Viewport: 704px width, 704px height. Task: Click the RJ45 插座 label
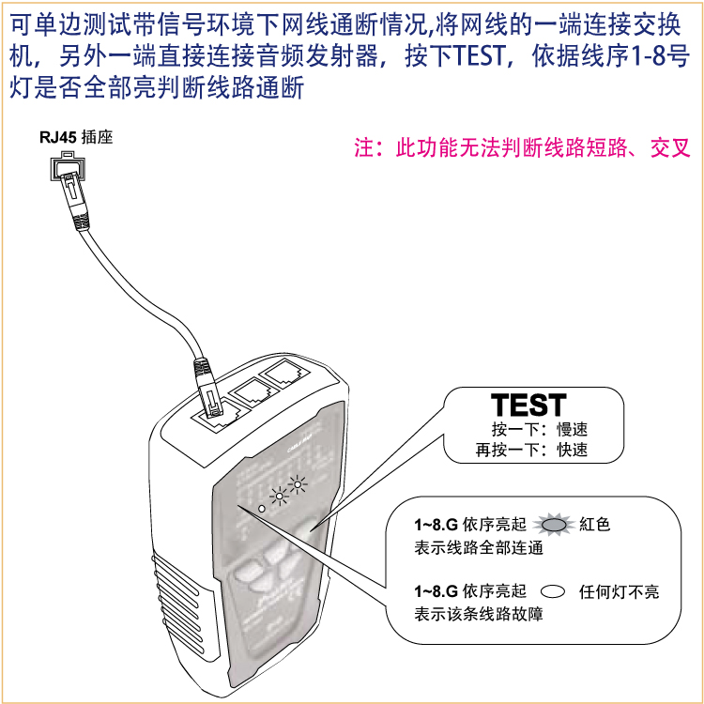(x=76, y=137)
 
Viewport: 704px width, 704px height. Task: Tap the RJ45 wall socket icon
(x=68, y=165)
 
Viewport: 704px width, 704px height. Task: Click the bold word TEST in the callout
(x=528, y=405)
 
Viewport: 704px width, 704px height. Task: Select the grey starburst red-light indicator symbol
(x=554, y=524)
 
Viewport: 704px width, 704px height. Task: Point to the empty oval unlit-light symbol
(x=553, y=591)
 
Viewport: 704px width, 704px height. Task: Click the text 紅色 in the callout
(x=595, y=524)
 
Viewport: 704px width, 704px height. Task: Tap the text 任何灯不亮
(x=620, y=591)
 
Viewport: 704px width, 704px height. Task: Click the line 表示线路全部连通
(x=479, y=547)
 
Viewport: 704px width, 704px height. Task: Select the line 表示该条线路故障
(x=479, y=614)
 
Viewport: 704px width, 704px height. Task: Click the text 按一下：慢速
(x=540, y=429)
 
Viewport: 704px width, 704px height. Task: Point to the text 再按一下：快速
(x=531, y=450)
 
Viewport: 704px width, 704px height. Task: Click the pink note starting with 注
(x=522, y=147)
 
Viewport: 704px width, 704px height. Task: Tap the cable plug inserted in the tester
(x=207, y=386)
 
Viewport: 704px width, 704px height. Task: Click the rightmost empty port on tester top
(x=284, y=373)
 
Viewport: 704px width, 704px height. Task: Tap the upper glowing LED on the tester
(x=298, y=484)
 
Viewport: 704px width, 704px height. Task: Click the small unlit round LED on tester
(x=262, y=509)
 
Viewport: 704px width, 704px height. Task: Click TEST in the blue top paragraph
(x=479, y=55)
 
